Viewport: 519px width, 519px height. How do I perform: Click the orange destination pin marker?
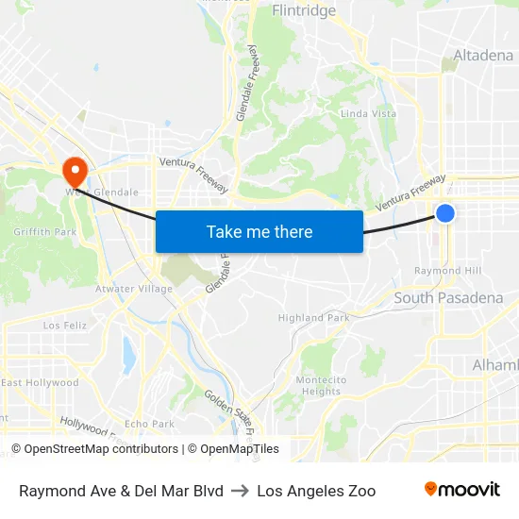coord(74,170)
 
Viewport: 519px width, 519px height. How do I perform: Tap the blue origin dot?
coord(445,214)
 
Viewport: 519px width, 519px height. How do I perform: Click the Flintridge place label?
coord(303,11)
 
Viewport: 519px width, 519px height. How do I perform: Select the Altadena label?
coord(483,56)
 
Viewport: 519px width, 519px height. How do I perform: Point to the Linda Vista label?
coord(368,114)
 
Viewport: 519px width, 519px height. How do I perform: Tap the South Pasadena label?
coord(448,298)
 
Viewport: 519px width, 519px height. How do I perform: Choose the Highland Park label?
coord(314,318)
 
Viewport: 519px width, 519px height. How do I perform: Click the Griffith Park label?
coord(44,231)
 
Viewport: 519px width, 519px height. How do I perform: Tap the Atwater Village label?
coord(134,289)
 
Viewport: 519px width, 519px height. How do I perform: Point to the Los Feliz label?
coord(65,325)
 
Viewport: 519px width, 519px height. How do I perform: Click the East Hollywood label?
coord(40,383)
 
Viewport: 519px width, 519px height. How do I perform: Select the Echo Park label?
coord(149,424)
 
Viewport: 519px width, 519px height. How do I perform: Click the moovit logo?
coord(461,490)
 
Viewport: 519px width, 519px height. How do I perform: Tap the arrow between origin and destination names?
coord(240,491)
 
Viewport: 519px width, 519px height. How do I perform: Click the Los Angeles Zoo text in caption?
coord(316,491)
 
